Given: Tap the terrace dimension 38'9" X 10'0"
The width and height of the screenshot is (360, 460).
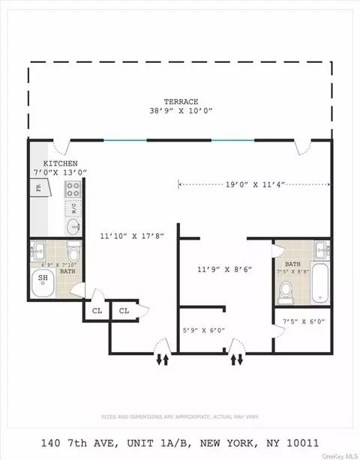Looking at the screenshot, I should [x=180, y=111].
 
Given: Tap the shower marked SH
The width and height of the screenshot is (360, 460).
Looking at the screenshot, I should [x=45, y=282].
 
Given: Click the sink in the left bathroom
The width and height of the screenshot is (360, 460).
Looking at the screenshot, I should [x=41, y=249].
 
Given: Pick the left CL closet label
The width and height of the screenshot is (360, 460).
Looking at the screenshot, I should [x=97, y=310].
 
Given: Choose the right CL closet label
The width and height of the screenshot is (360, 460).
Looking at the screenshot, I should [x=124, y=310].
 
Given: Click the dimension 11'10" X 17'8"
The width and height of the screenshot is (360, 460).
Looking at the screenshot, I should [x=131, y=235].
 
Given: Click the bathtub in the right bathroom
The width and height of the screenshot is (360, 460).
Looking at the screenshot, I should [x=320, y=284].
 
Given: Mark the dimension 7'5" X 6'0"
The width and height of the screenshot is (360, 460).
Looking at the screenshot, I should [x=303, y=322].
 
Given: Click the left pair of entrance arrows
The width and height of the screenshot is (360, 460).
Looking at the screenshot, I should [x=162, y=360].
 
